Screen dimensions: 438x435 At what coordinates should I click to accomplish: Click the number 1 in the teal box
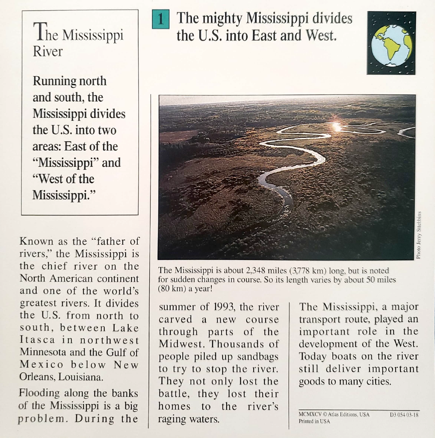[160, 20]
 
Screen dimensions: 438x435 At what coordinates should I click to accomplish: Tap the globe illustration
[391, 43]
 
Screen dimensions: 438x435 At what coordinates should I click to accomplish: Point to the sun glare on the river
[337, 127]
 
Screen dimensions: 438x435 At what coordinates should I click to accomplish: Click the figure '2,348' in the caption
[257, 270]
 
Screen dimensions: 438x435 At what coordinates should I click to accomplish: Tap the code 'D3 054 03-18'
[404, 414]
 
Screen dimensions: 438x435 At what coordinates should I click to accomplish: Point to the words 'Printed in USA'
[314, 421]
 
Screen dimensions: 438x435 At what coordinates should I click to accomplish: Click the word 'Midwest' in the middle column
[181, 344]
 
